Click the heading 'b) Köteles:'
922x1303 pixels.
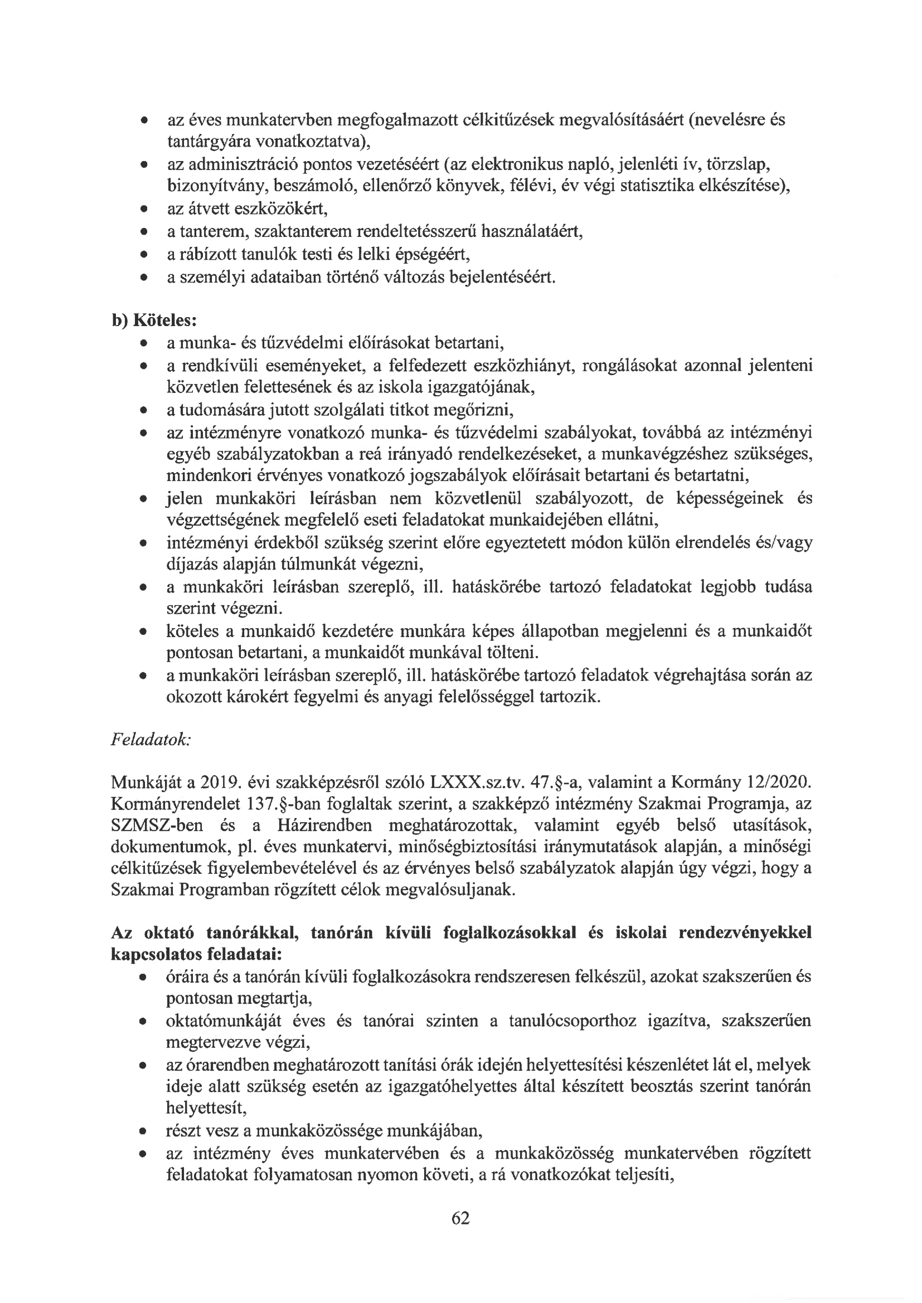(x=154, y=320)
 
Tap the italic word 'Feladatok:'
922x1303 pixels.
(x=151, y=740)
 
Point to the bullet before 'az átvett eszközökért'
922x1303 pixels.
(x=145, y=210)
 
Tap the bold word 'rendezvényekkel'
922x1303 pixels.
(x=745, y=934)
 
